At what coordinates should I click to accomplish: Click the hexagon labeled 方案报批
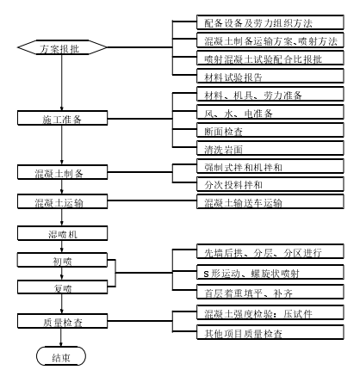(x=62, y=47)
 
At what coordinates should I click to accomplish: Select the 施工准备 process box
(x=63, y=118)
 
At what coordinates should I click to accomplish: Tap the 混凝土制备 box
(x=63, y=172)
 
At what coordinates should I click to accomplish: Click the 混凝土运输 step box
(x=63, y=201)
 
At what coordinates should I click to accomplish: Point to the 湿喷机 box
(x=63, y=233)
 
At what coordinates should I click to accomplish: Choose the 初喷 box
(x=63, y=260)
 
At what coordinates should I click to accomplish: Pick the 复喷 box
(x=63, y=287)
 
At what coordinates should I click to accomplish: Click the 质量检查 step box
(x=63, y=321)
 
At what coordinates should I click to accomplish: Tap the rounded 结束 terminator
(x=61, y=356)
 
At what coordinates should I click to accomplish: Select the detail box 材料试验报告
(x=270, y=76)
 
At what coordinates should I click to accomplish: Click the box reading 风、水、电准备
(x=270, y=112)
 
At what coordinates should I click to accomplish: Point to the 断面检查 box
(x=270, y=130)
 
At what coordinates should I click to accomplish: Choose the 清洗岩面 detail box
(x=270, y=148)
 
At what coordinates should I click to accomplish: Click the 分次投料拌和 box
(x=270, y=184)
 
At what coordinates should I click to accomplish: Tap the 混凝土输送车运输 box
(x=270, y=201)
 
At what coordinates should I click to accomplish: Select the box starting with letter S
(x=270, y=272)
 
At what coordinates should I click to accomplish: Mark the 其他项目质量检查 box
(x=270, y=332)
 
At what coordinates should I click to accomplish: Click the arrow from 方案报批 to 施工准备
(x=61, y=83)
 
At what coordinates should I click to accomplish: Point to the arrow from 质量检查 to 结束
(x=61, y=337)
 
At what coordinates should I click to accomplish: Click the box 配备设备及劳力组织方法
(x=270, y=22)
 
